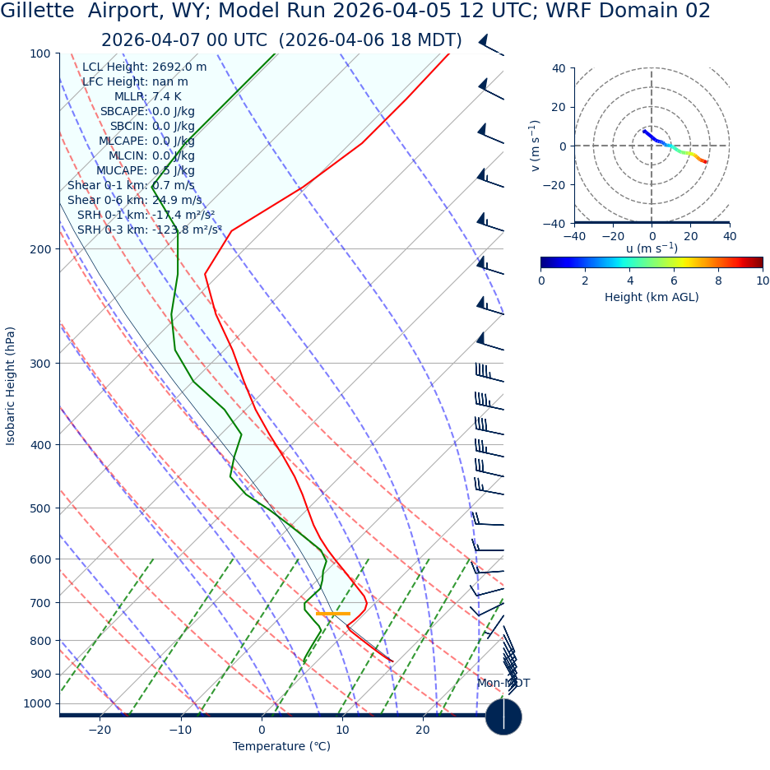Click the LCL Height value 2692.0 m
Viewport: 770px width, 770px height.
tap(179, 67)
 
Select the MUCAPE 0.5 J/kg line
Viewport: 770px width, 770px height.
tap(145, 171)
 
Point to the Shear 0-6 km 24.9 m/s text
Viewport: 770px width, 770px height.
tap(134, 201)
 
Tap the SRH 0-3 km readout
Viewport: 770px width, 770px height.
tap(149, 230)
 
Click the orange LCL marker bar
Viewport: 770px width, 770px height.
tap(333, 614)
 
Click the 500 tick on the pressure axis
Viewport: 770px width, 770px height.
tap(39, 508)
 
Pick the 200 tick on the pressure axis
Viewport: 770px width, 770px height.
tap(39, 249)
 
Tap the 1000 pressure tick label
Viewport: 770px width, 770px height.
tap(36, 704)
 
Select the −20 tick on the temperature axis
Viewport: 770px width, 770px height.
tap(100, 731)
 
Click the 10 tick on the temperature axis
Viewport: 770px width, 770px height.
tap(341, 731)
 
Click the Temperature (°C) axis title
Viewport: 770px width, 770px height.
tap(281, 747)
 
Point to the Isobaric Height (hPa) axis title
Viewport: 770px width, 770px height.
tap(11, 386)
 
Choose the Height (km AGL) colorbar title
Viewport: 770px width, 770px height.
tap(652, 298)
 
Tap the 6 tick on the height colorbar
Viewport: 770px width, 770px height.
tap(674, 281)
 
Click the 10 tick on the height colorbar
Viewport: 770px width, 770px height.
tap(763, 281)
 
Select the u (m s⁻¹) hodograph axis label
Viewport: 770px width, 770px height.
tap(652, 248)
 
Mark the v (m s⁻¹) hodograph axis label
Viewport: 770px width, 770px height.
tap(536, 146)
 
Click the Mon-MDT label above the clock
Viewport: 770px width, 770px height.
tap(503, 684)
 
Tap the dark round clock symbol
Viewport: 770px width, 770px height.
tap(503, 717)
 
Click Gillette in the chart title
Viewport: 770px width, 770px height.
tap(35, 12)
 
